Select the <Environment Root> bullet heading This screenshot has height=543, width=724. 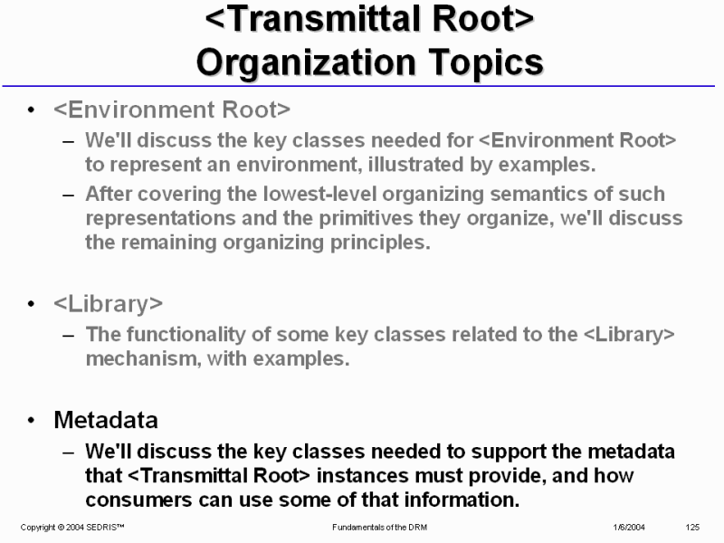172,110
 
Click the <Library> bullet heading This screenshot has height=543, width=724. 108,304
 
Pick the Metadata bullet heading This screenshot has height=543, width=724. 106,420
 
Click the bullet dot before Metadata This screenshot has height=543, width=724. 31,420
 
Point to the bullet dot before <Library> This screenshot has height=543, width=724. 31,304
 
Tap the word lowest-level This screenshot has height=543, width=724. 320,194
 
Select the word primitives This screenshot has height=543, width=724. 366,218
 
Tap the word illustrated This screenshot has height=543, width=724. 415,165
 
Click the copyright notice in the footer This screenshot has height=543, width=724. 72,528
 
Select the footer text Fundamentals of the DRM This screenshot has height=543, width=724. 379,528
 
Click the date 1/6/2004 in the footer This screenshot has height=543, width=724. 629,528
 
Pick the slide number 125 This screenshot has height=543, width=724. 692,528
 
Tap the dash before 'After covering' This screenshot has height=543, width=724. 69,195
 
